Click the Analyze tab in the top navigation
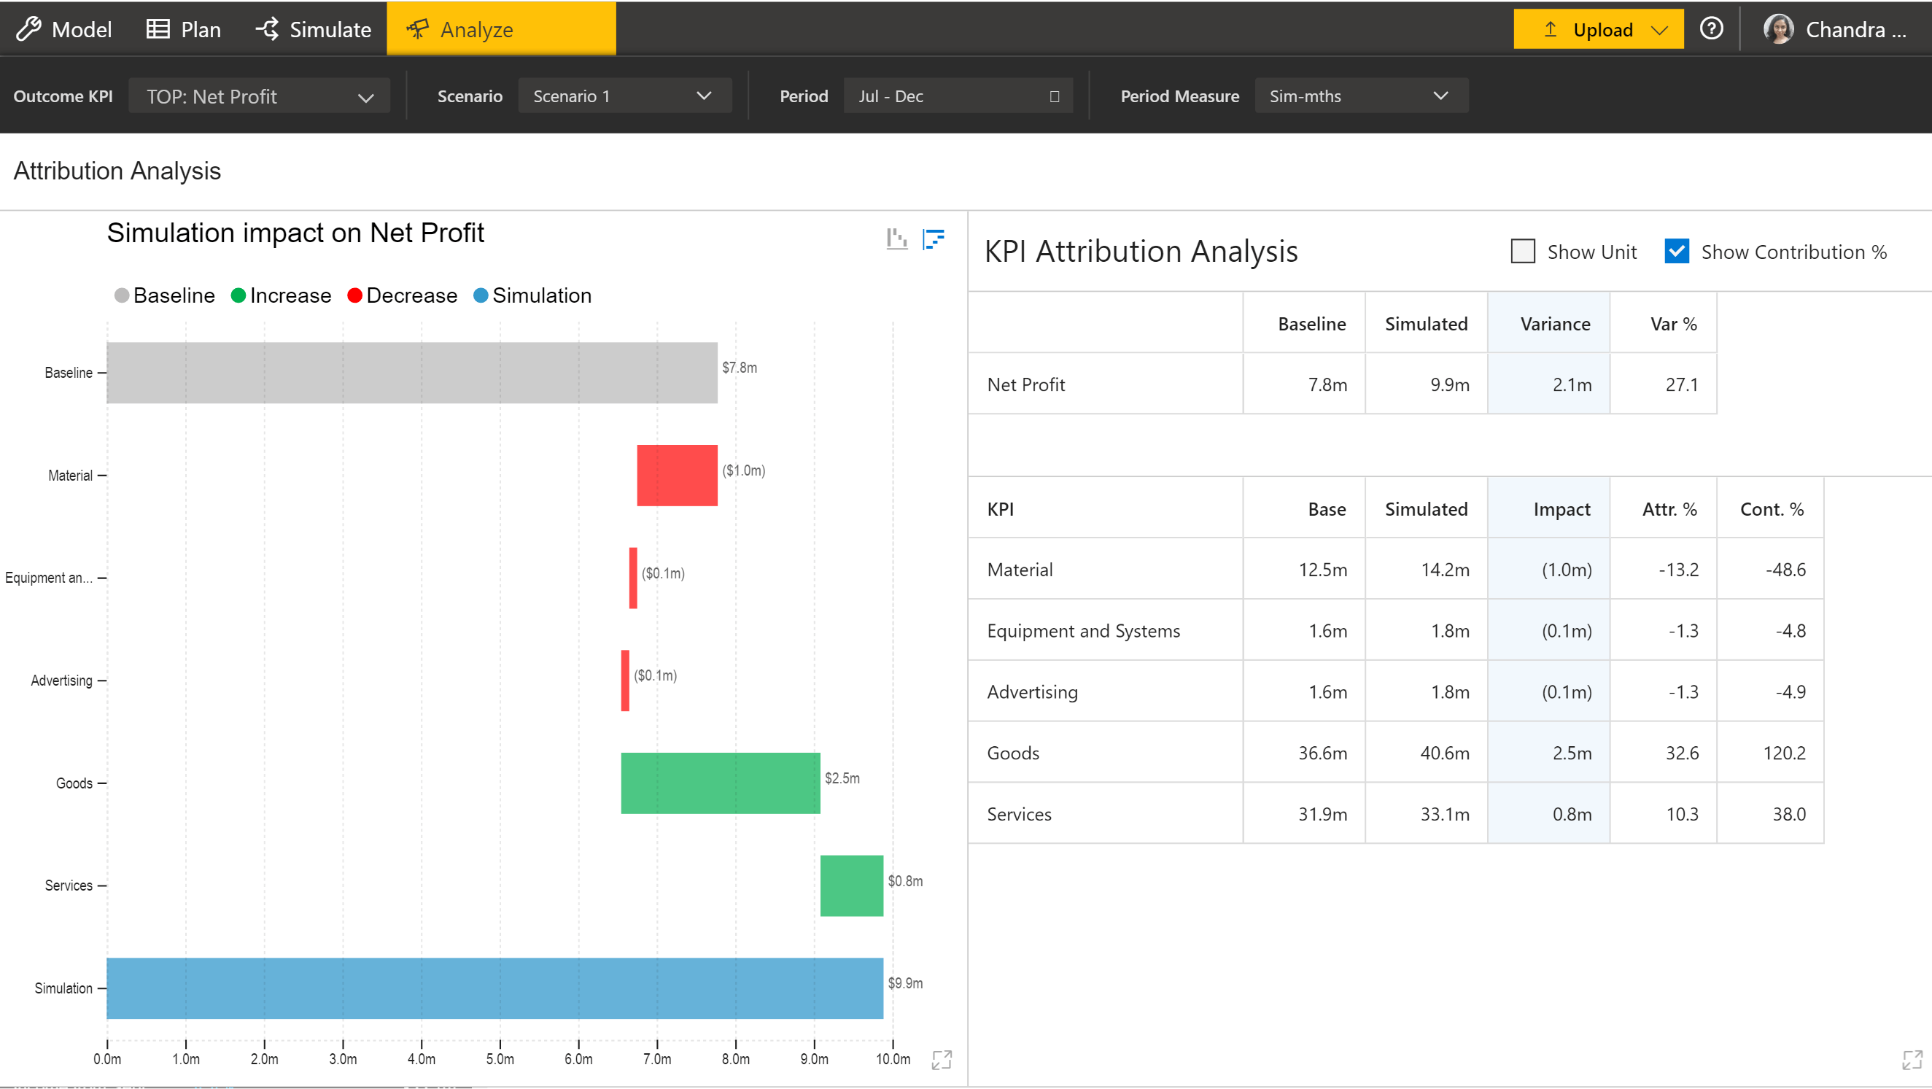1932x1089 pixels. pyautogui.click(x=501, y=29)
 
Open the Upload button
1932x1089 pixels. pyautogui.click(x=1597, y=29)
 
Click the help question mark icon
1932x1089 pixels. pyautogui.click(x=1711, y=28)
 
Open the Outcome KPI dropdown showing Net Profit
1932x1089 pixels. pyautogui.click(x=259, y=96)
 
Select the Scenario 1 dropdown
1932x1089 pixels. pyautogui.click(x=624, y=96)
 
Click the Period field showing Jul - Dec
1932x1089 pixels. pyautogui.click(x=958, y=96)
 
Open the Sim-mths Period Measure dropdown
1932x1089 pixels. pyautogui.click(x=1360, y=96)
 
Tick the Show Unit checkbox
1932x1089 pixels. pyautogui.click(x=1523, y=251)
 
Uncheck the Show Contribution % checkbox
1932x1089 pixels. pyautogui.click(x=1676, y=251)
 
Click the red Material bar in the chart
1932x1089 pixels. pyautogui.click(x=677, y=476)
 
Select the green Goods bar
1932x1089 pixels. pyautogui.click(x=720, y=783)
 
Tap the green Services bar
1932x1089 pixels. pyautogui.click(x=851, y=885)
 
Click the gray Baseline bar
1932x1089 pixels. pyautogui.click(x=412, y=373)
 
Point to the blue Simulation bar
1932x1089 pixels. pyautogui.click(x=494, y=988)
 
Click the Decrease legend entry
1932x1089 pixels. pyautogui.click(x=402, y=295)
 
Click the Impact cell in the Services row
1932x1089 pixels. pyautogui.click(x=1571, y=815)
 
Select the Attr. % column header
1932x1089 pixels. pyautogui.click(x=1669, y=509)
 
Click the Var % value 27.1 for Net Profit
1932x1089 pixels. pyautogui.click(x=1682, y=384)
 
